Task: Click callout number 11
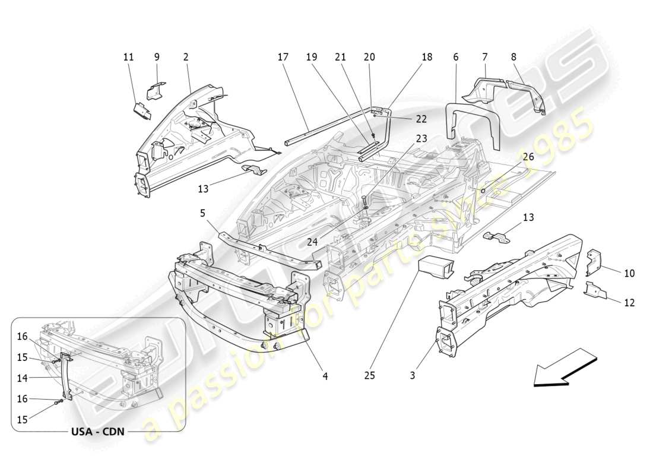pyautogui.click(x=128, y=57)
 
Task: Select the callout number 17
pyautogui.click(x=283, y=57)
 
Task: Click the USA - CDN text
pyautogui.click(x=99, y=431)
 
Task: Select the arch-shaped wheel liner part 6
pyautogui.click(x=472, y=119)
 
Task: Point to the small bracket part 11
pyautogui.click(x=142, y=110)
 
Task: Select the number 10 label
pyautogui.click(x=629, y=273)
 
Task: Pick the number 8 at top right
pyautogui.click(x=513, y=57)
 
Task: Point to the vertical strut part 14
pyautogui.click(x=65, y=377)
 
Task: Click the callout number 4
pyautogui.click(x=325, y=375)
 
